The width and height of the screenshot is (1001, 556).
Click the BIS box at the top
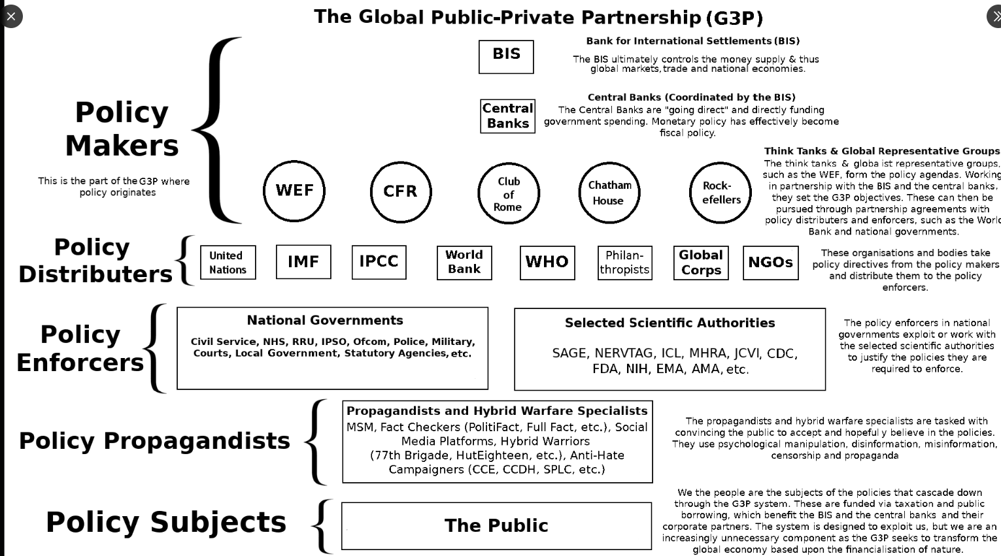click(x=506, y=57)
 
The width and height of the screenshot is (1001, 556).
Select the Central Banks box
click(x=507, y=116)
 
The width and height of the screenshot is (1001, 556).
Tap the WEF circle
click(x=294, y=191)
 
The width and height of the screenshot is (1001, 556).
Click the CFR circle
click(x=401, y=192)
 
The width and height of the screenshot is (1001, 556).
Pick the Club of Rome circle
click(x=509, y=193)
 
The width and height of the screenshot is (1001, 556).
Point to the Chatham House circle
click(x=609, y=193)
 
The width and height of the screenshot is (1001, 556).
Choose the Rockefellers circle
click(x=721, y=193)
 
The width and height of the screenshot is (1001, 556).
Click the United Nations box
click(x=228, y=263)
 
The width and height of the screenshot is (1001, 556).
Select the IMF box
click(x=303, y=262)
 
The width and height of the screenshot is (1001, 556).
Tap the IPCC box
click(x=379, y=262)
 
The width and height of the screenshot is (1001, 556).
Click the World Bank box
click(x=464, y=263)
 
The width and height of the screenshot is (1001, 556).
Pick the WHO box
click(x=547, y=263)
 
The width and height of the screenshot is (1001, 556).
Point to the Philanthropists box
click(x=625, y=263)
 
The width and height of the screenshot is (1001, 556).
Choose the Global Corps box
click(x=701, y=263)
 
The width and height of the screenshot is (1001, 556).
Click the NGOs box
click(x=771, y=263)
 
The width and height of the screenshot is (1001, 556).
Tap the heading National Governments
click(x=325, y=320)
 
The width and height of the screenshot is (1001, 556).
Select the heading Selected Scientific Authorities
click(x=670, y=323)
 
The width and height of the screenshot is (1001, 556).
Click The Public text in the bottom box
click(x=496, y=526)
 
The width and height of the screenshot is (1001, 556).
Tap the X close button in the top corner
click(x=10, y=16)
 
